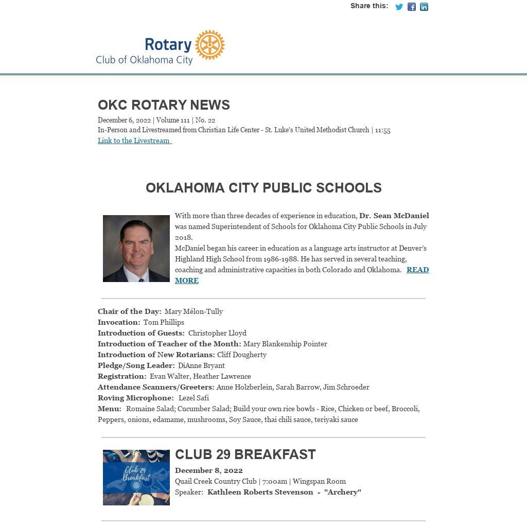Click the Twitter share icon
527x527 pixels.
(399, 7)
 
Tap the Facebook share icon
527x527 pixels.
(412, 7)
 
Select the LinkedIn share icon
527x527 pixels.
(424, 7)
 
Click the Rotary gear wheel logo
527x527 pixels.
(210, 45)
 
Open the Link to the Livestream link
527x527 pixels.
(134, 140)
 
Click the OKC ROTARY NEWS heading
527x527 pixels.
(164, 105)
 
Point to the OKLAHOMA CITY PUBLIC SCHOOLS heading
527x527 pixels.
(263, 188)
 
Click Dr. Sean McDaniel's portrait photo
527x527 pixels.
(136, 249)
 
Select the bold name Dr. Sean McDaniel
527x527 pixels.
(394, 216)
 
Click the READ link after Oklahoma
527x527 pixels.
(417, 270)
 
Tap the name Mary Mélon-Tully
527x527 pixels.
(194, 311)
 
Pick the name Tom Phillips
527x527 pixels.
(164, 322)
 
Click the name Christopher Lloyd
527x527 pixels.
(217, 333)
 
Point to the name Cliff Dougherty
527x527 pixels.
(242, 355)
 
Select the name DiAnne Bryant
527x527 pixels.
(201, 365)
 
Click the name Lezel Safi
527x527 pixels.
(194, 398)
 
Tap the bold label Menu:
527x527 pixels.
(110, 409)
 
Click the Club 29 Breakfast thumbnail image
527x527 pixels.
(136, 478)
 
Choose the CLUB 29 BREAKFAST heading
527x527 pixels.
(245, 454)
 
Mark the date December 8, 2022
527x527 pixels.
(209, 470)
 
